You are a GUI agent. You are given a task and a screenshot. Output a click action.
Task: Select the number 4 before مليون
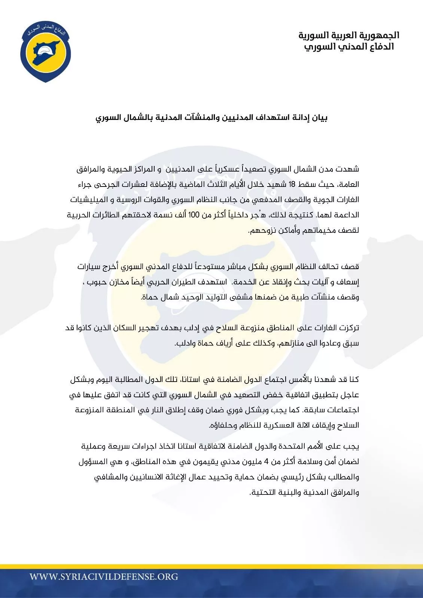(266, 462)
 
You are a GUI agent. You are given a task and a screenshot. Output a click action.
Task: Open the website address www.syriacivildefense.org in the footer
(104, 576)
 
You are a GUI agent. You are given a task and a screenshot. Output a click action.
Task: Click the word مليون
(250, 462)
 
